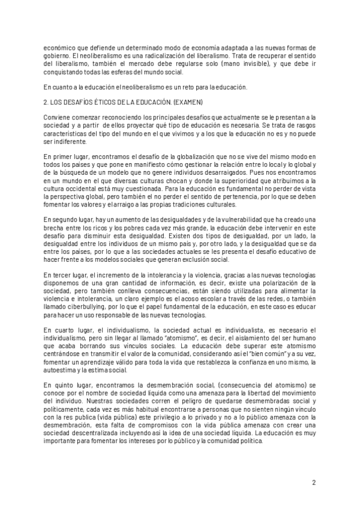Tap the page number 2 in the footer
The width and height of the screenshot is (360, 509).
[x=314, y=482]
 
